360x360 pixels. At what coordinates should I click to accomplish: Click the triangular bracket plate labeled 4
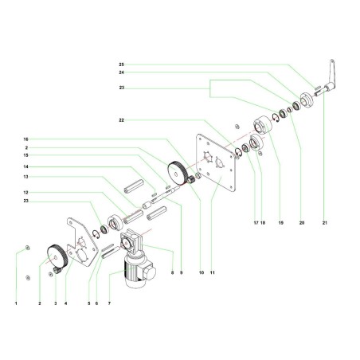pos(82,239)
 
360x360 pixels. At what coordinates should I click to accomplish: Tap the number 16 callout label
pos(26,138)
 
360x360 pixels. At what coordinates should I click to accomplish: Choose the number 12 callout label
pos(26,193)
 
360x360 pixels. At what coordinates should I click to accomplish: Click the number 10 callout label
pos(202,273)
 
